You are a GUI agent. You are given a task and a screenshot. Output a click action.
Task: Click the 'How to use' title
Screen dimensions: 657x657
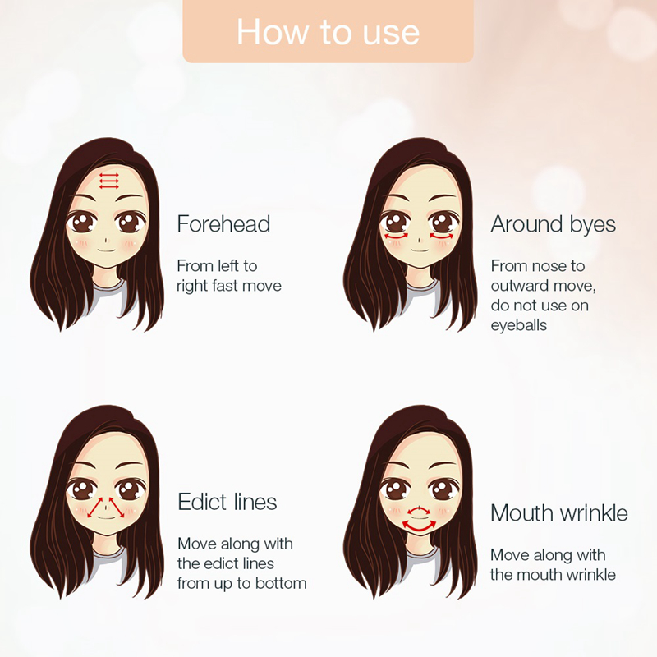point(328,32)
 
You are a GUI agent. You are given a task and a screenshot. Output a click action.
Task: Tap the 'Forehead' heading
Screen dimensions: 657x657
point(223,223)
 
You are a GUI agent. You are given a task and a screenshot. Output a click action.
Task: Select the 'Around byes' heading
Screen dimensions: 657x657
point(553,224)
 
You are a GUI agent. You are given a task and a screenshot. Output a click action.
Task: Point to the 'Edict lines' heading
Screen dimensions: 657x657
point(227,502)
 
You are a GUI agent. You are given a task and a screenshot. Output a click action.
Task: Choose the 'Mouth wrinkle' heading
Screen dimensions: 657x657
point(559,512)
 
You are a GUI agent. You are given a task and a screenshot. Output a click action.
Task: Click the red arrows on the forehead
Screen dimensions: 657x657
point(109,181)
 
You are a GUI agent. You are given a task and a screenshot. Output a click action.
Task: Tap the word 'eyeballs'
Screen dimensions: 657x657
point(519,325)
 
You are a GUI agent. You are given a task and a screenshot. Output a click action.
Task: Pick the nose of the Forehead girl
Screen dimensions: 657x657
point(107,241)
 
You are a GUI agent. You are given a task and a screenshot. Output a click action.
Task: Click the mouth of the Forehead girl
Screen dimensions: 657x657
point(106,251)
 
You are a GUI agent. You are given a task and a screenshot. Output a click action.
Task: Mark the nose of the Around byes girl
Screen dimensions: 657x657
point(420,241)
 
